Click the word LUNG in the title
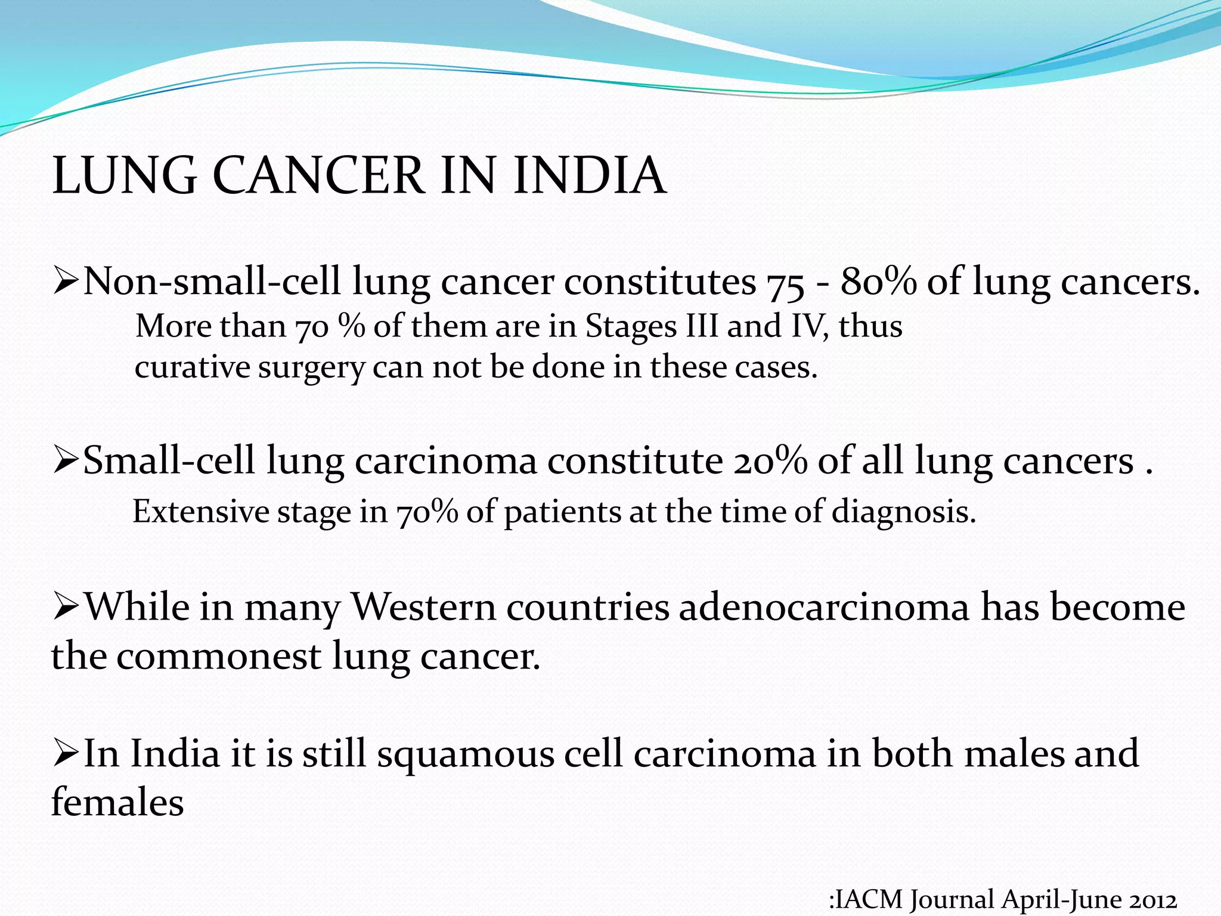point(124,175)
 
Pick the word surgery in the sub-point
point(311,367)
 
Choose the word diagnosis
point(903,512)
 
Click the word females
point(117,802)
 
